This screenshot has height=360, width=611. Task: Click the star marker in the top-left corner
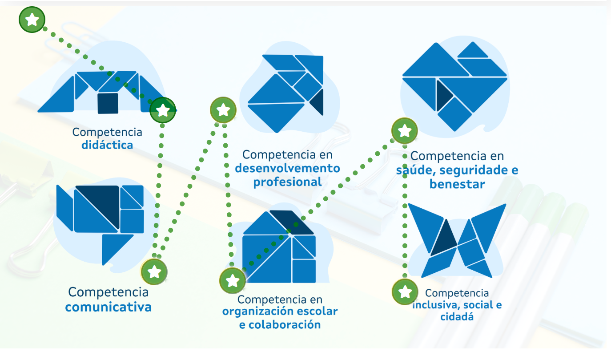32,20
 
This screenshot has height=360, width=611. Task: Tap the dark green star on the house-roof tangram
163,110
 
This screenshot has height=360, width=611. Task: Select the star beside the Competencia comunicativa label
154,271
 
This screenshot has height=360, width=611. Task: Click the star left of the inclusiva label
405,292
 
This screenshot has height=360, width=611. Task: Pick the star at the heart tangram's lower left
404,131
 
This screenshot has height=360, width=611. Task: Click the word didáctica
107,145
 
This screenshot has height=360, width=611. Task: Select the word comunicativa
108,307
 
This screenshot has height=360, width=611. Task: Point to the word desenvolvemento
287,168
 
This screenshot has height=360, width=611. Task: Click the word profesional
287,182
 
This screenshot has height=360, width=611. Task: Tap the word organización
261,311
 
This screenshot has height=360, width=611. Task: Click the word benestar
457,184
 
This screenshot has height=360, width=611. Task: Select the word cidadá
457,317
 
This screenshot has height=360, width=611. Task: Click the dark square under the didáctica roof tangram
108,103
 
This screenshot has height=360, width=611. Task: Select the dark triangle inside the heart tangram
444,94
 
